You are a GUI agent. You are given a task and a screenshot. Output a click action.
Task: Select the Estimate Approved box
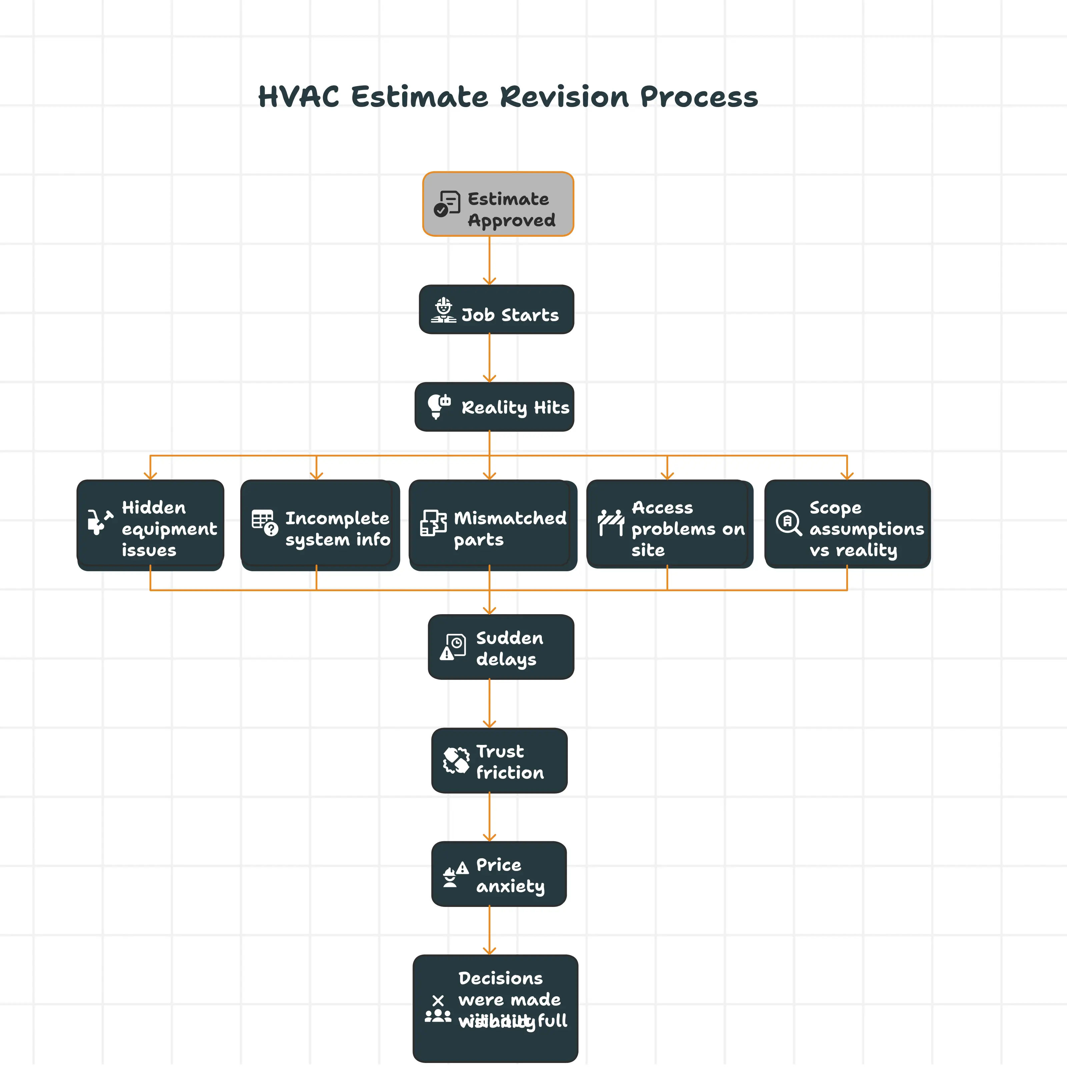pos(497,204)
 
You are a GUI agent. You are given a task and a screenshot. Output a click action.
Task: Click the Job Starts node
pos(496,309)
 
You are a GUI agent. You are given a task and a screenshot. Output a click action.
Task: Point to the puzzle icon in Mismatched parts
pos(433,523)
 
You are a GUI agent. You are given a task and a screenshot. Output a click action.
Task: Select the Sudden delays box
pos(500,647)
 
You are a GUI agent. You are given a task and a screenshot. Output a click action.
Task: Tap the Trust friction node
pos(499,761)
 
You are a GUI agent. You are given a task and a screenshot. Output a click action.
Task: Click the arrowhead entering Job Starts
pos(489,281)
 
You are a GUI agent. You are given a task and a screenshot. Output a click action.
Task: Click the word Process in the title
pos(699,97)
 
